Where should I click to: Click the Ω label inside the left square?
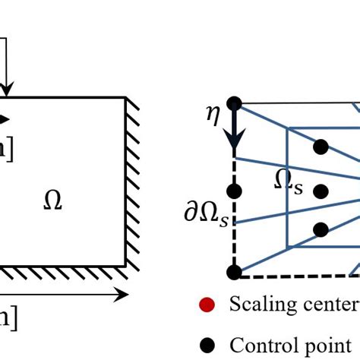click(x=52, y=201)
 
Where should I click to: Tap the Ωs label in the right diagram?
click(x=289, y=182)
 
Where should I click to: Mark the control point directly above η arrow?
click(x=234, y=102)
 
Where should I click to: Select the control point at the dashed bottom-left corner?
click(x=234, y=271)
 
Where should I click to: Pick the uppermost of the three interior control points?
click(x=321, y=145)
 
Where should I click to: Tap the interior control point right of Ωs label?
click(x=321, y=191)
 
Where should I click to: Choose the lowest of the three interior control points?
click(x=321, y=229)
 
